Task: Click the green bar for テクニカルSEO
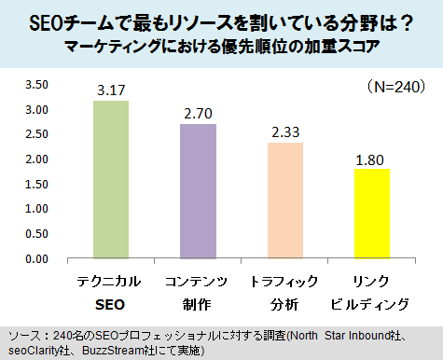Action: coord(112,179)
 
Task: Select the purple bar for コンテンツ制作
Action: coord(198,191)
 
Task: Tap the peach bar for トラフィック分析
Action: coord(284,201)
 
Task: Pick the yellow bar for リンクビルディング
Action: coord(370,214)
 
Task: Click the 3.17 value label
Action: coord(112,90)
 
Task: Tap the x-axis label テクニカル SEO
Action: coord(112,292)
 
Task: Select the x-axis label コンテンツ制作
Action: coord(198,292)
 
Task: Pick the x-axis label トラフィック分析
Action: coord(284,292)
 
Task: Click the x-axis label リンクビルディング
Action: coord(370,292)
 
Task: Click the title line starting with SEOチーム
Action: coord(222,20)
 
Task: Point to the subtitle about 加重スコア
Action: coord(222,45)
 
